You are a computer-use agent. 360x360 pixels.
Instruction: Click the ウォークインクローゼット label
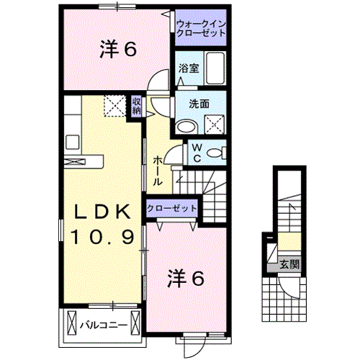pos(201,28)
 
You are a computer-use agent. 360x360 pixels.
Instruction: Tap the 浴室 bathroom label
pos(189,68)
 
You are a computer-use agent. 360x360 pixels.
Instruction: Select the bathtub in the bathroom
pos(215,68)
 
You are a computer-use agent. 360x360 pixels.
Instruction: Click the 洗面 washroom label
pos(199,104)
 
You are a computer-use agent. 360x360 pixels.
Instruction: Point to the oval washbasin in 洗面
pos(186,126)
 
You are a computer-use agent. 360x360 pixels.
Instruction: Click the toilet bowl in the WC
pos(215,153)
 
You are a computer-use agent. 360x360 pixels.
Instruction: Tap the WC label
pos(197,153)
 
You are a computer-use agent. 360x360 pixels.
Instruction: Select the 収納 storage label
pos(136,106)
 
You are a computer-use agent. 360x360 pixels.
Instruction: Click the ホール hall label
pos(158,170)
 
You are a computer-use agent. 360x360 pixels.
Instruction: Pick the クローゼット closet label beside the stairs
pos(171,208)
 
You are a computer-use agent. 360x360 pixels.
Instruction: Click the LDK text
pos(103,212)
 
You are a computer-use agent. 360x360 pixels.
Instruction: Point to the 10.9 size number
pos(102,237)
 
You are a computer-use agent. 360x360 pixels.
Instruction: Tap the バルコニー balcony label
pos(104,325)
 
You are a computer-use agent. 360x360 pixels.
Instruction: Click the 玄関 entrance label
pos(289,265)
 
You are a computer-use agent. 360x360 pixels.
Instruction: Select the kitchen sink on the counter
pos(72,142)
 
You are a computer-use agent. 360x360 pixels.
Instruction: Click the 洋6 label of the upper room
pos(118,50)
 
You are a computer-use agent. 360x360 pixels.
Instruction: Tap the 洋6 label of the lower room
pos(186,278)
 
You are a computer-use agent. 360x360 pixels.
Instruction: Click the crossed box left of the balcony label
pos(72,323)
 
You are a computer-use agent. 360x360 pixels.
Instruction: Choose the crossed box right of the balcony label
pos(135,323)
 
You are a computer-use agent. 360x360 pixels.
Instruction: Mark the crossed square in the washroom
pos(215,125)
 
